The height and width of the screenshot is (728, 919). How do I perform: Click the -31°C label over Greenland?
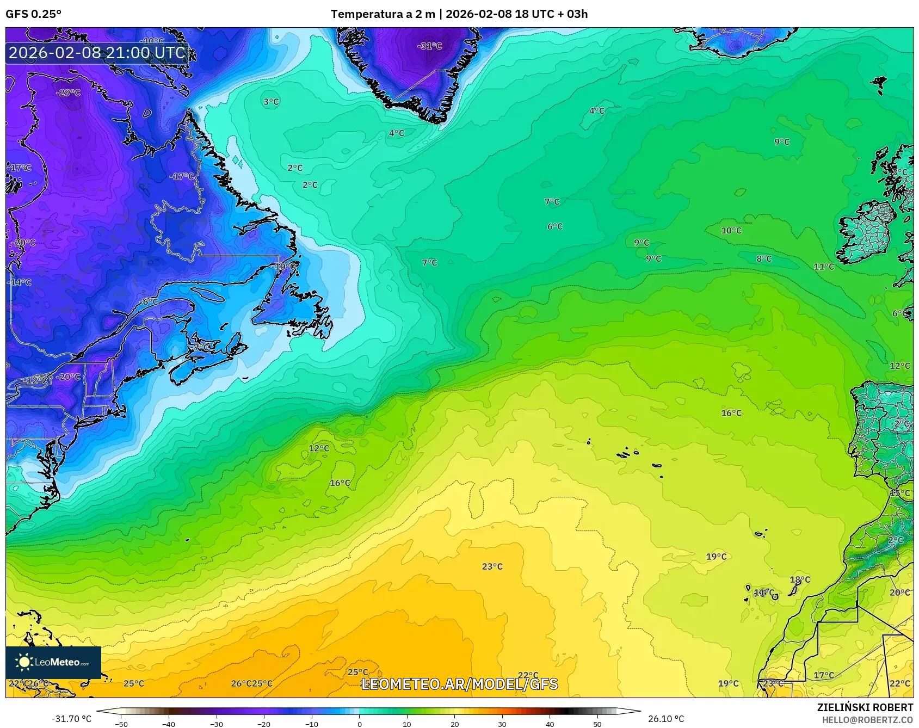coord(430,46)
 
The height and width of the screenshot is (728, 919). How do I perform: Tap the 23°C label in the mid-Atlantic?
coord(492,566)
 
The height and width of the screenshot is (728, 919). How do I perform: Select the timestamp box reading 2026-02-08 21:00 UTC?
coord(97,53)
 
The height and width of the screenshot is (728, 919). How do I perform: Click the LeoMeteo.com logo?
coord(53,662)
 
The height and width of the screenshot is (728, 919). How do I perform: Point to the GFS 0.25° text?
coord(34,14)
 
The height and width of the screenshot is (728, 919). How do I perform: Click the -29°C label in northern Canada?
coord(68,92)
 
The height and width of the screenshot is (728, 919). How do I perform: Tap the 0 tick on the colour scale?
coord(359,724)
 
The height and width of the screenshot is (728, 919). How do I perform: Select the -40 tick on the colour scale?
coord(169,724)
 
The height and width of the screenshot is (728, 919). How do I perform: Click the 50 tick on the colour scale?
coord(597,724)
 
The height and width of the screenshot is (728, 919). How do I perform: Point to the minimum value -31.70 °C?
coord(72,719)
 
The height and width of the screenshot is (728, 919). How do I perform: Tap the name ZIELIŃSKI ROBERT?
coord(865,707)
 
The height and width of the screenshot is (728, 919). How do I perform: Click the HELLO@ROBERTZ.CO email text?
coord(867,719)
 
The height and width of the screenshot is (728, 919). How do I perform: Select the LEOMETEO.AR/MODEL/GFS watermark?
coord(460,683)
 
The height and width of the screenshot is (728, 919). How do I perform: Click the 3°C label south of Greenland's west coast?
coord(271,102)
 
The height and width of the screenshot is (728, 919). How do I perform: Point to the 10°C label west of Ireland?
coord(731,230)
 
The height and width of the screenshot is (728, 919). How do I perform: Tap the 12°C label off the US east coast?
coord(319,448)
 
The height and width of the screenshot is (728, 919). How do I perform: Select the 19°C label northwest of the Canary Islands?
coord(716,556)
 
